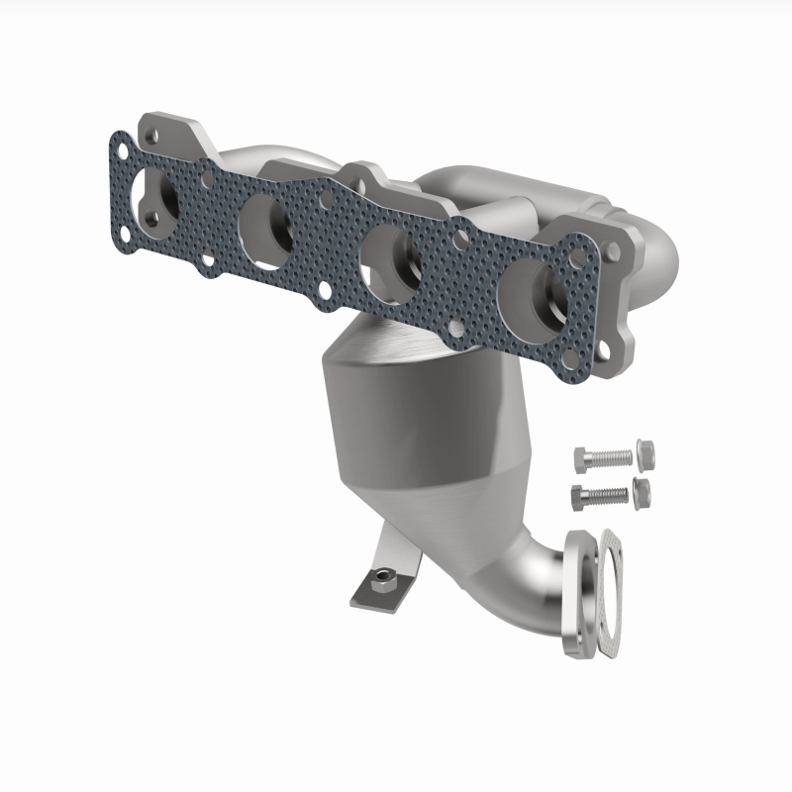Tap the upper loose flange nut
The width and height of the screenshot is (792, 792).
(x=644, y=454)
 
